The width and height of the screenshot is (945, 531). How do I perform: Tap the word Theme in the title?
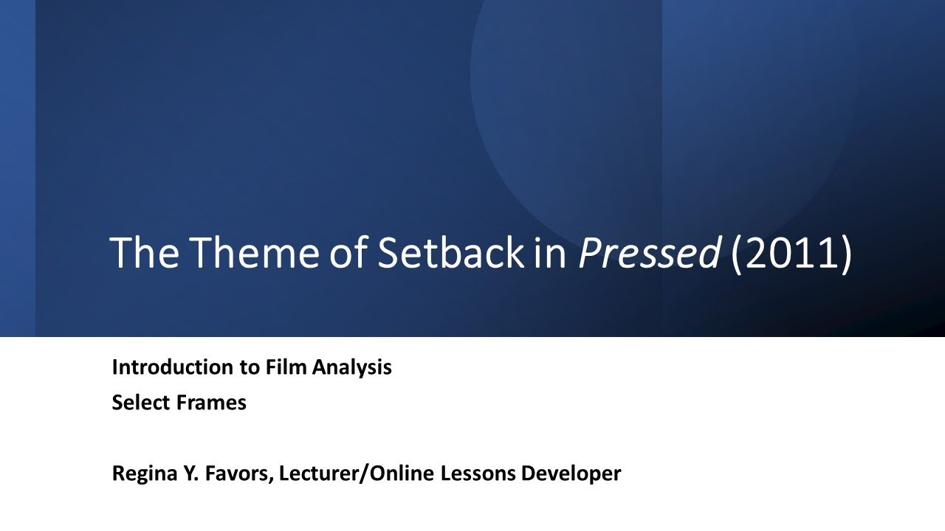click(x=248, y=253)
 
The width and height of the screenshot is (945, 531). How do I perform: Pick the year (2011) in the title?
click(x=791, y=253)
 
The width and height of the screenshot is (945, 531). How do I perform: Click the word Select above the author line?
click(x=141, y=403)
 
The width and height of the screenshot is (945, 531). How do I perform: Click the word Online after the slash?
click(x=403, y=473)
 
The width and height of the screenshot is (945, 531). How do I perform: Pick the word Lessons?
click(x=479, y=473)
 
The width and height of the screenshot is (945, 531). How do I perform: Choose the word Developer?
click(x=571, y=473)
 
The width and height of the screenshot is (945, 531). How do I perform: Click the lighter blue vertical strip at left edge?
click(x=17, y=168)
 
